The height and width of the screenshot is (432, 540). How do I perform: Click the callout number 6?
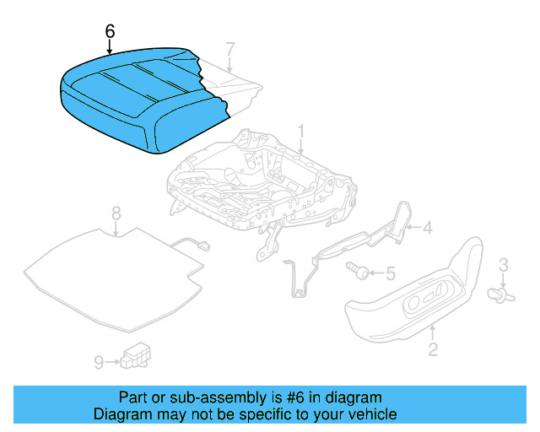[x=109, y=31]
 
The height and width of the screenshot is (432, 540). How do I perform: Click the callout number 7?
[x=230, y=48]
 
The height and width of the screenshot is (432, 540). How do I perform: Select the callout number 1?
[x=300, y=132]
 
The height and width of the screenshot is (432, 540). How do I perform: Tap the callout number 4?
[x=427, y=226]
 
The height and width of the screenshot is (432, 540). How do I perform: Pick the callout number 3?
[x=504, y=267]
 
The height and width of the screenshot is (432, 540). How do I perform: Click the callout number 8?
[x=116, y=213]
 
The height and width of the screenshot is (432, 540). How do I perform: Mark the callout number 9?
[x=99, y=362]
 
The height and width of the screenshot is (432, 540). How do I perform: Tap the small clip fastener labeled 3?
[x=500, y=294]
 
